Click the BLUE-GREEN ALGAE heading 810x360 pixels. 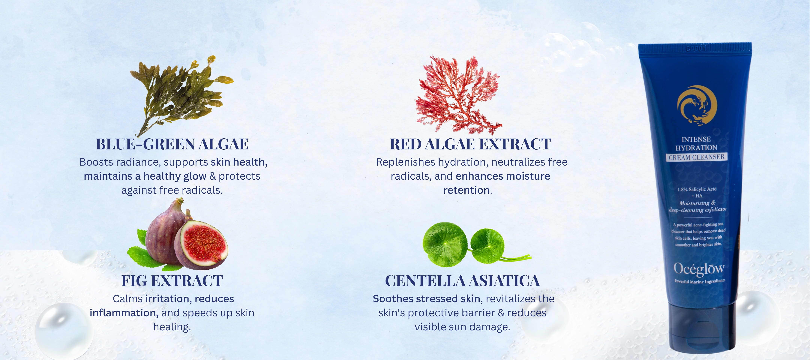click(x=172, y=144)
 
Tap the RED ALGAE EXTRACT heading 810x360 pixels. click(x=470, y=144)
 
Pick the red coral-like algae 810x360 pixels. click(x=457, y=94)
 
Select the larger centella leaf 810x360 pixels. click(x=445, y=245)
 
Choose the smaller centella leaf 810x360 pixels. click(x=487, y=246)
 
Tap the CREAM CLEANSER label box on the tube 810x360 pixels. click(x=697, y=157)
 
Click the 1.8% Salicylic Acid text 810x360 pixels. click(x=697, y=189)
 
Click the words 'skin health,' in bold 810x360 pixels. click(x=239, y=162)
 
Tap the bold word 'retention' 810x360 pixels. click(x=466, y=190)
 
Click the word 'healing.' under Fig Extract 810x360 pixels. click(x=172, y=327)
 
